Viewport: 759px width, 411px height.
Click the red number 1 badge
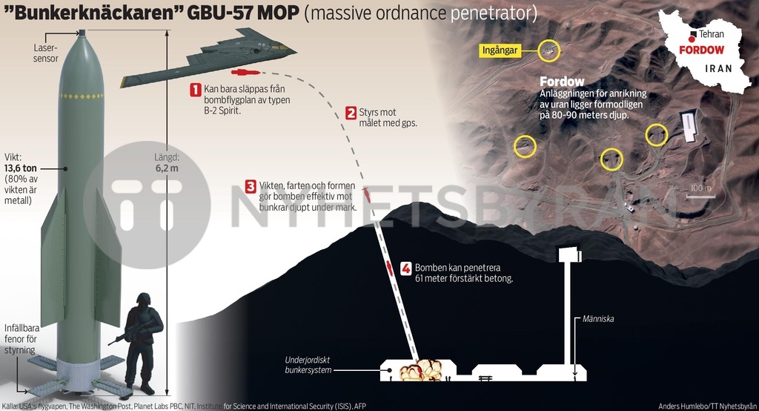(196, 90)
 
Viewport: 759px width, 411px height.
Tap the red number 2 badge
(351, 114)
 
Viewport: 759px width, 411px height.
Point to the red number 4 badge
(405, 268)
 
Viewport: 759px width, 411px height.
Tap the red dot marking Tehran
(692, 35)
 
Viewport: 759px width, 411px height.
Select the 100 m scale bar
(700, 194)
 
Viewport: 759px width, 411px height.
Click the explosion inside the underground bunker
(420, 369)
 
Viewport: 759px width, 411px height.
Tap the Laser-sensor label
(46, 53)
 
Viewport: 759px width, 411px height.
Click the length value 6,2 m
(168, 168)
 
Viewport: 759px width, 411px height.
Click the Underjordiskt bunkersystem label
(308, 365)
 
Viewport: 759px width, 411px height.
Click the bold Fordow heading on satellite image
(562, 82)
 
